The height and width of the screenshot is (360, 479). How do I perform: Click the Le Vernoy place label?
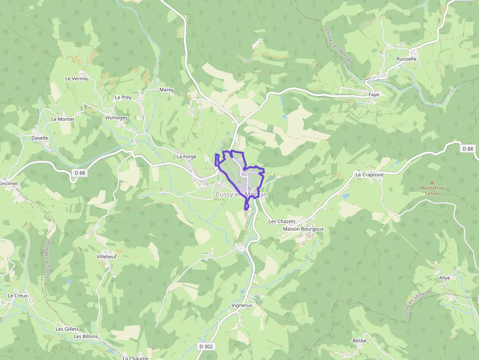click(76, 78)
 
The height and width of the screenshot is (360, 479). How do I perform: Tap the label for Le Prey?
click(123, 97)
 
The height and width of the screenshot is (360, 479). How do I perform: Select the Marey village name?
click(167, 90)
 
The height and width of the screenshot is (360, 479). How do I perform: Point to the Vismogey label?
click(116, 118)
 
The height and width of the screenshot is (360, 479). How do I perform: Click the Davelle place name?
click(40, 138)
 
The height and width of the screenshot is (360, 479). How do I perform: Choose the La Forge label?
click(186, 156)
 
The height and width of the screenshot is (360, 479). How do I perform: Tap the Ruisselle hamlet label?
click(407, 59)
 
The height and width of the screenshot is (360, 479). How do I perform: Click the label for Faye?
click(374, 95)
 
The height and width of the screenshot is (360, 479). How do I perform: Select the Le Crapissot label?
click(370, 174)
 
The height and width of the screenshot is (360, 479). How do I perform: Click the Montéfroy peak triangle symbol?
click(432, 181)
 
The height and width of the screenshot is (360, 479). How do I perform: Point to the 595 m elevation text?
click(432, 193)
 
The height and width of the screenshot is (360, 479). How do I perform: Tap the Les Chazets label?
click(282, 221)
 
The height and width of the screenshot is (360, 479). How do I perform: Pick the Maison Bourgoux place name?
click(303, 229)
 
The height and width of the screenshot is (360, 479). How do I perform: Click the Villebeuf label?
click(107, 256)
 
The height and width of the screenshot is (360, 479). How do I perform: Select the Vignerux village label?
click(241, 305)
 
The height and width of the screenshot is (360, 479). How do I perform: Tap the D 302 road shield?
click(206, 346)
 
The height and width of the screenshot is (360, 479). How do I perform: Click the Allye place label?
click(444, 277)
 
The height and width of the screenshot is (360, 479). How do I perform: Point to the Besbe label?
click(359, 340)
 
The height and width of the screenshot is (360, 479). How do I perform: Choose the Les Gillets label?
click(67, 329)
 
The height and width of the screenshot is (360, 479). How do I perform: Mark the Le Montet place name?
click(62, 119)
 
